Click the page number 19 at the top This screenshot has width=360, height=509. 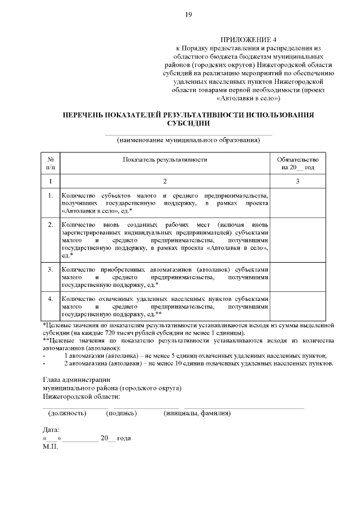tap(188, 15)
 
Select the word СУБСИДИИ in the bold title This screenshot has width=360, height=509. tap(188, 123)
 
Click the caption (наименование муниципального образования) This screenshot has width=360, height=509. tap(188, 140)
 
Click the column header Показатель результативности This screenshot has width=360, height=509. tap(165, 159)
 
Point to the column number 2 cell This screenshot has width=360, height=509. tap(165, 181)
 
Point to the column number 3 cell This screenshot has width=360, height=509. tap(298, 181)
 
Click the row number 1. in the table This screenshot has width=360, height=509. tap(50, 195)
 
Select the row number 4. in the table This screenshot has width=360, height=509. tap(50, 299)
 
